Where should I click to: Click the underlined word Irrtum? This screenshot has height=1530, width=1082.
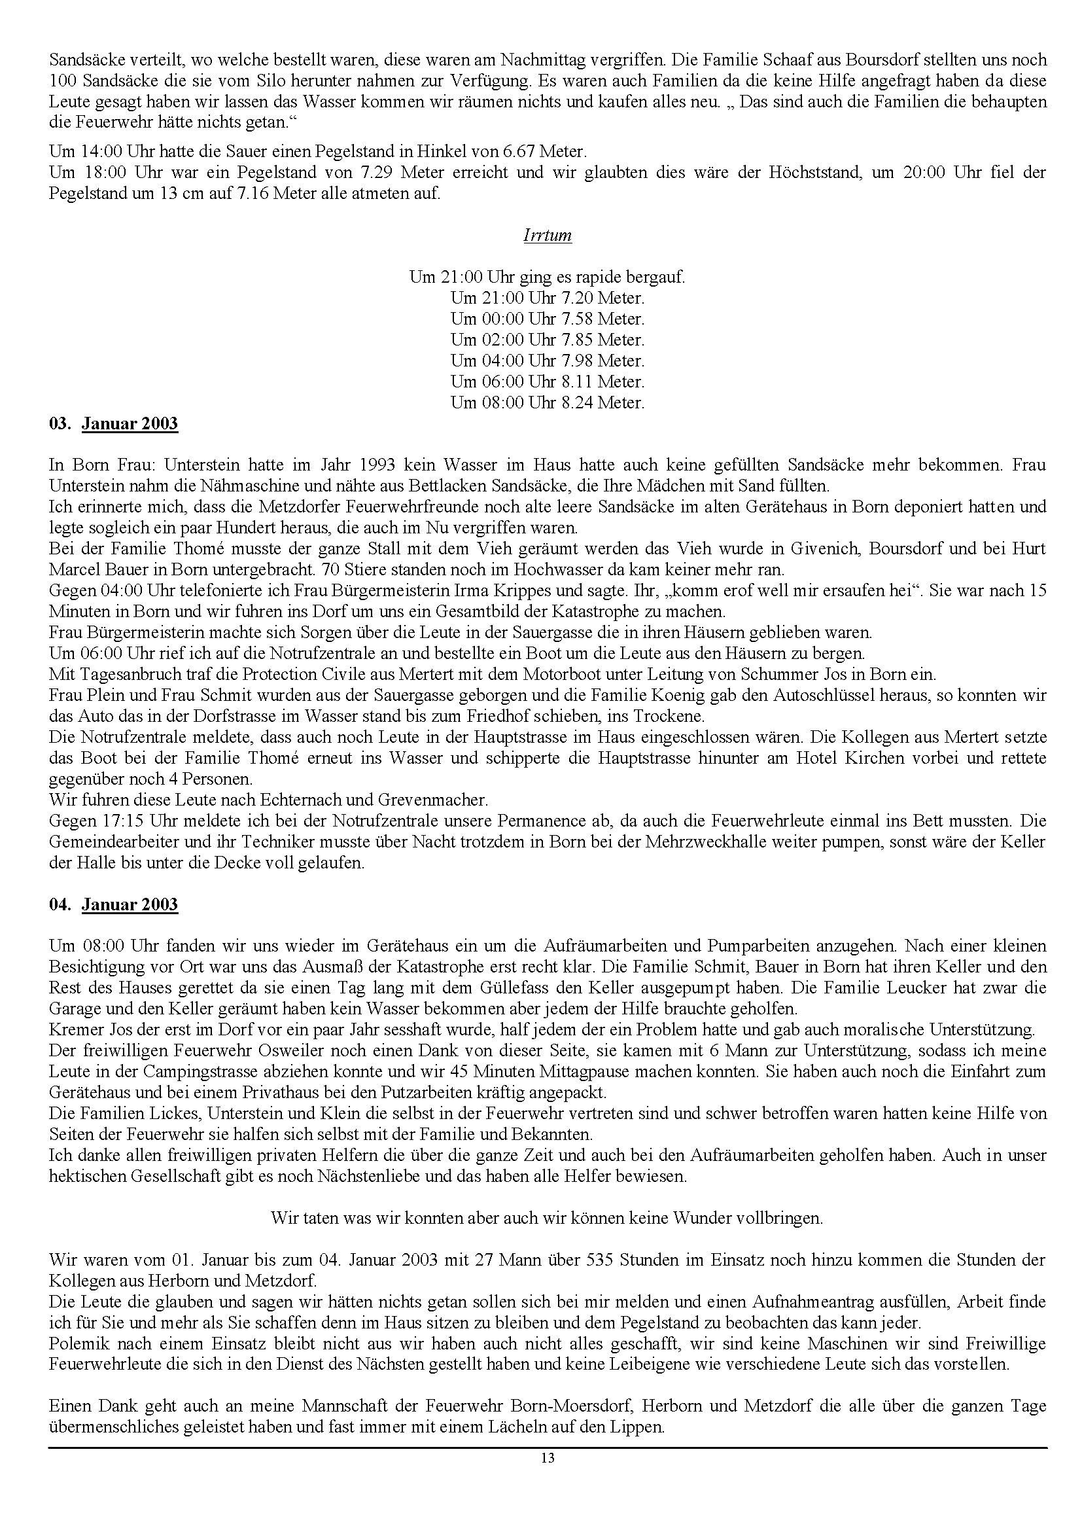click(x=547, y=236)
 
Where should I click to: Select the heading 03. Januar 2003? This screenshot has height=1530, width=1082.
click(x=114, y=424)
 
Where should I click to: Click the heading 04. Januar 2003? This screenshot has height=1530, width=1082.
click(x=114, y=904)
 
